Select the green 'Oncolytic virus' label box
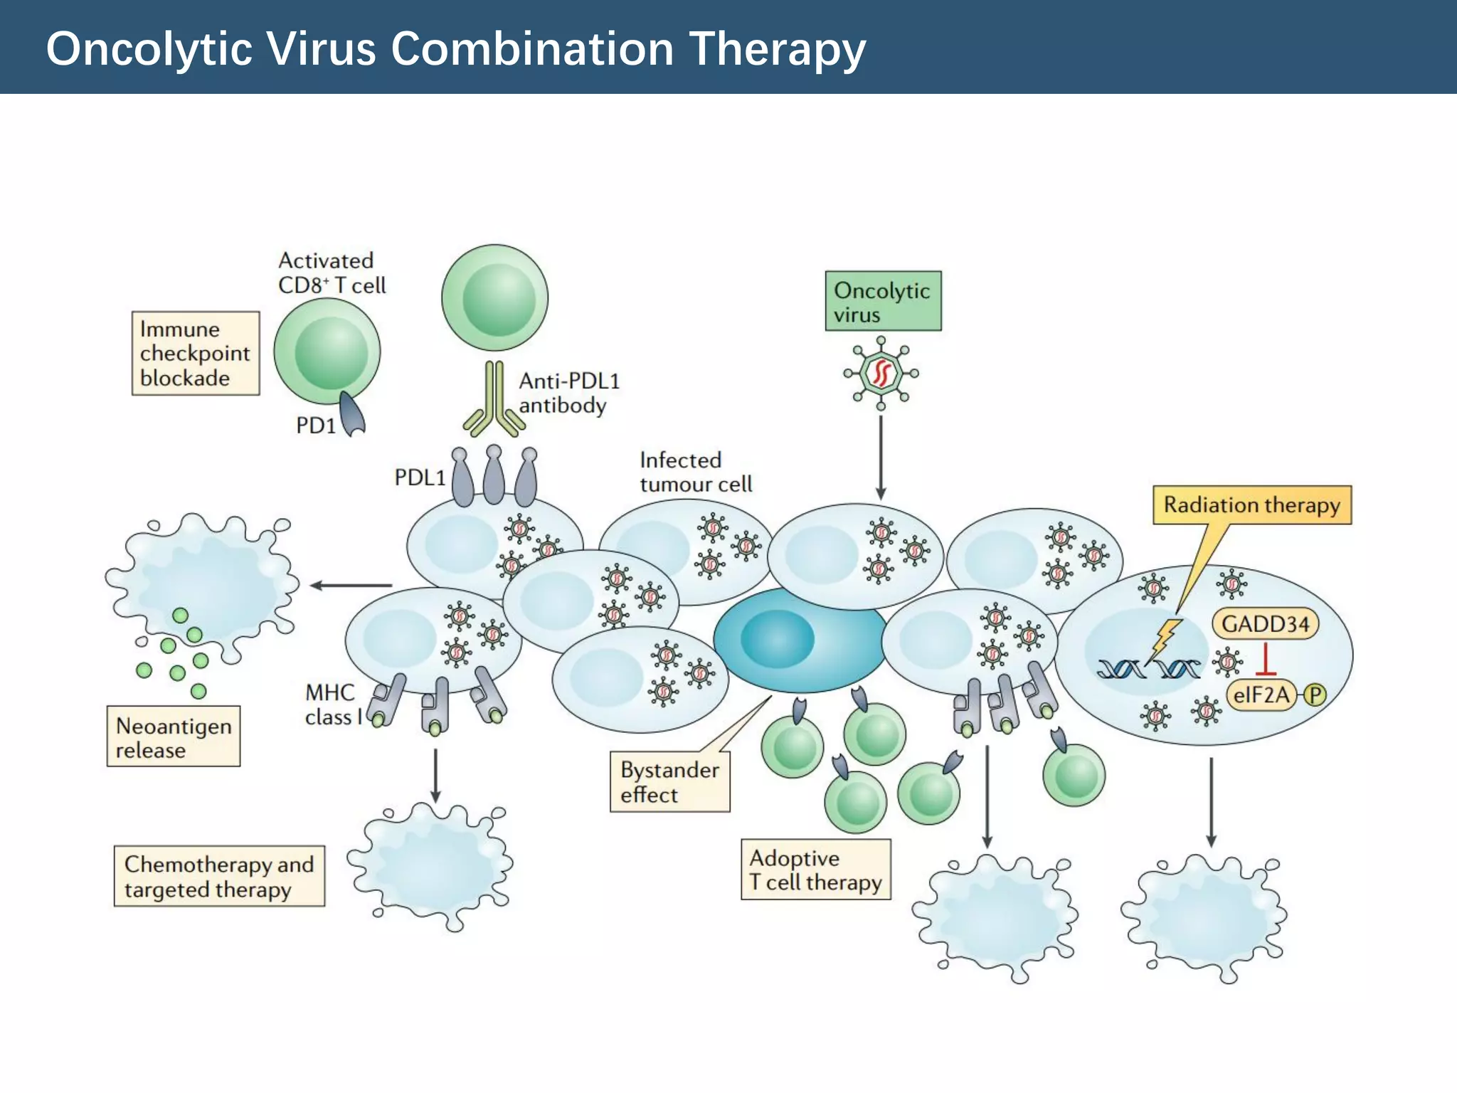tap(883, 301)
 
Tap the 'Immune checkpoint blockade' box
tap(196, 353)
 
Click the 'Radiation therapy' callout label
tap(1251, 505)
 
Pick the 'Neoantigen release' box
tap(174, 736)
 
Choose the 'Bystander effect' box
tap(669, 781)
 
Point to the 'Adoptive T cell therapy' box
tap(815, 870)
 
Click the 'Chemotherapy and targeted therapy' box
tap(219, 876)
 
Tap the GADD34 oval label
tap(1265, 624)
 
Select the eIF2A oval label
tap(1260, 694)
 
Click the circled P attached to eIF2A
tap(1315, 695)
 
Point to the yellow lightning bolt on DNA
tap(1165, 639)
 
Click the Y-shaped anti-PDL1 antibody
tap(494, 402)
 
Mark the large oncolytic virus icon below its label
tap(881, 373)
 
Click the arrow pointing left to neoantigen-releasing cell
tap(351, 586)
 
